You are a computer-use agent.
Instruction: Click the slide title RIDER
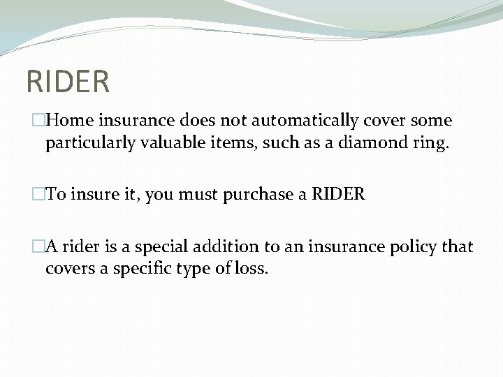pos(68,80)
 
